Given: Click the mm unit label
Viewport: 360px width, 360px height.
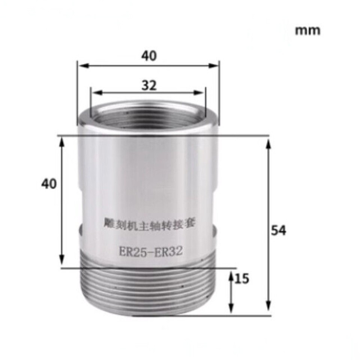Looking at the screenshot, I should pos(307,30).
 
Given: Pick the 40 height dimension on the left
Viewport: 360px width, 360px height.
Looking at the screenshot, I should pos(49,184).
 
